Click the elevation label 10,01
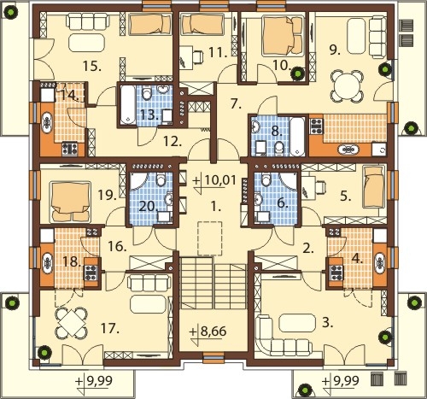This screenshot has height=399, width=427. [x=220, y=180]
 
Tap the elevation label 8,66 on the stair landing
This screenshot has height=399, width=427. [x=213, y=332]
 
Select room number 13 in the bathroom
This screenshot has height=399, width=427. [x=149, y=115]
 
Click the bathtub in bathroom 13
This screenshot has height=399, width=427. [x=127, y=104]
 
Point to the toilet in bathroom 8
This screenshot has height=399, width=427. [x=278, y=149]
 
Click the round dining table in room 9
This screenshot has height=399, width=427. [x=347, y=87]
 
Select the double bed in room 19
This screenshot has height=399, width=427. [x=70, y=202]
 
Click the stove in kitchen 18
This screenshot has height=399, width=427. [x=91, y=273]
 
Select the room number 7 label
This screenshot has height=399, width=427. [x=236, y=104]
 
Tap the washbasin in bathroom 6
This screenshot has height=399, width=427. [x=259, y=198]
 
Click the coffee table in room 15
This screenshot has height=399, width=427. [x=87, y=43]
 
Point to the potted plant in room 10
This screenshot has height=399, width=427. [x=298, y=73]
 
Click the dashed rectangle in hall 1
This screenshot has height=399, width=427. [x=210, y=238]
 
